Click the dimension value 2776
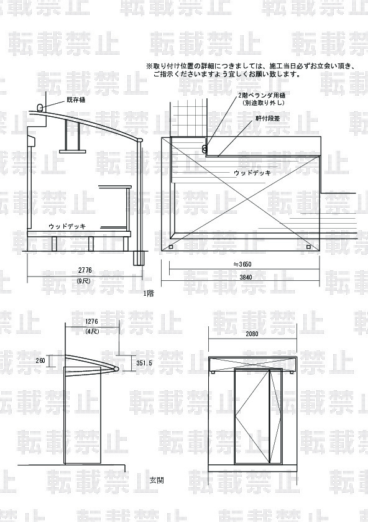85,270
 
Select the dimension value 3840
245,277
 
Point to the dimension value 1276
92,322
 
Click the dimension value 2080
252,334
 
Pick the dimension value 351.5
144,363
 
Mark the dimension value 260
40,360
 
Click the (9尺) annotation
83,281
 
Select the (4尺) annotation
92,331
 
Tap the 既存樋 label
75,100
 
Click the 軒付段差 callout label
267,118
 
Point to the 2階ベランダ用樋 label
262,95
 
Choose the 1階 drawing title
149,293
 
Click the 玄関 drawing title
156,480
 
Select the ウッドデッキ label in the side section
67,226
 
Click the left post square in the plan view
171,247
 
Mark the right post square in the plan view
308,247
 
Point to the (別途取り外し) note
264,103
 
